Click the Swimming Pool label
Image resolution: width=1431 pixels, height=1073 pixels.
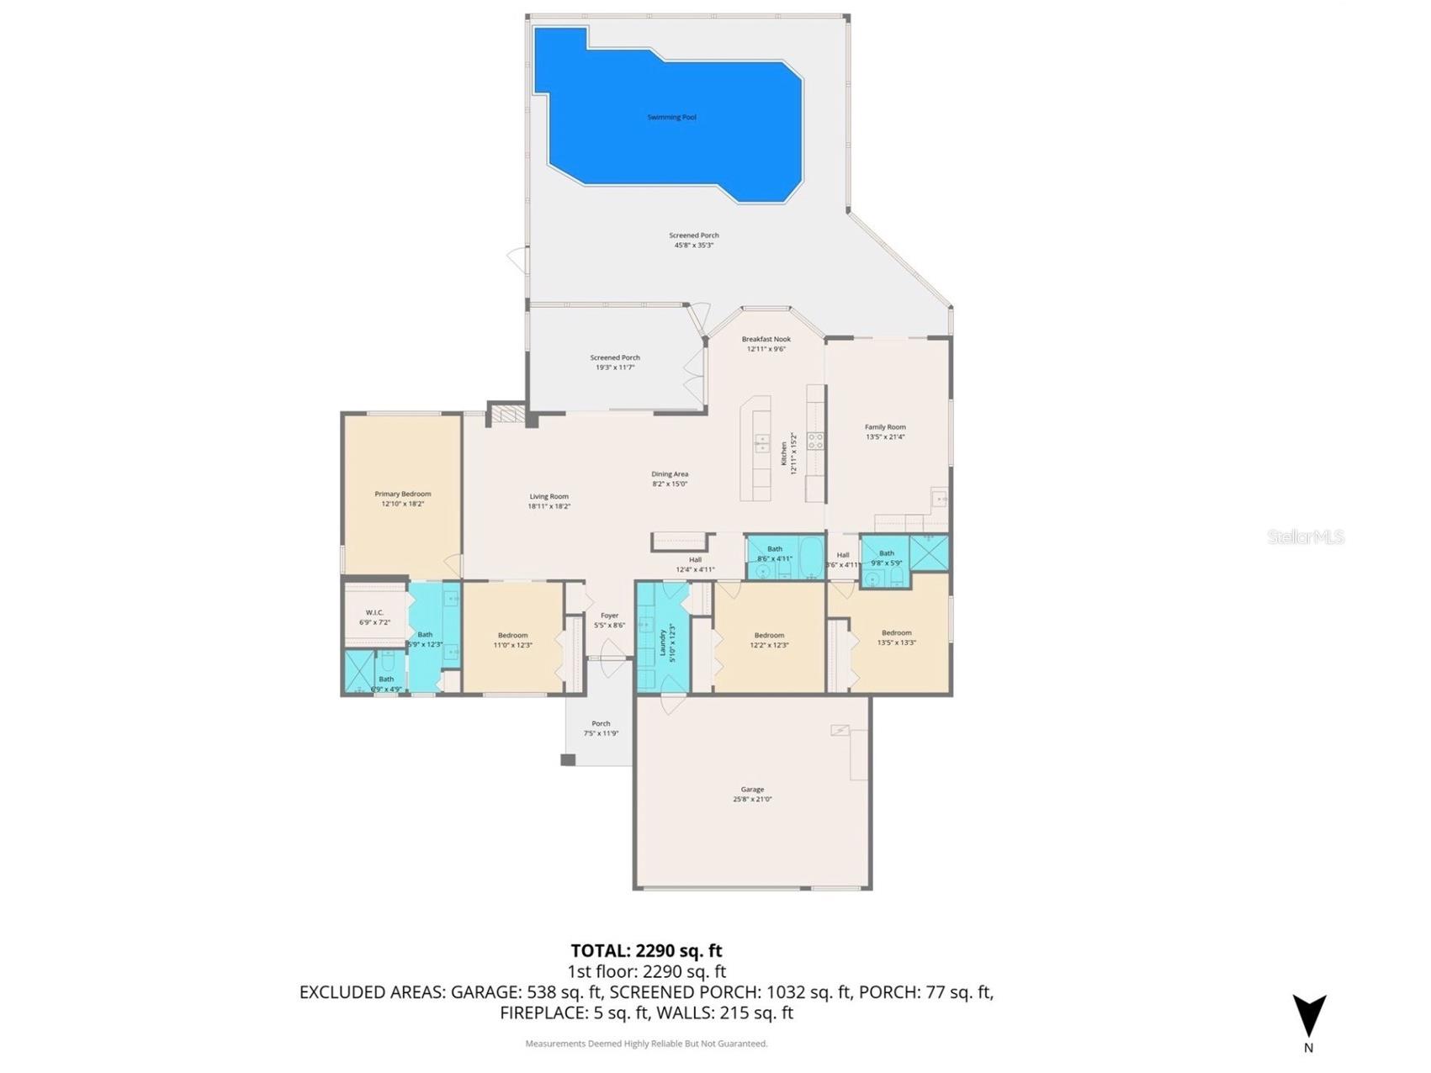click(x=671, y=118)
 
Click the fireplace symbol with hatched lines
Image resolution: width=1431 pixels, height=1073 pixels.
click(x=507, y=415)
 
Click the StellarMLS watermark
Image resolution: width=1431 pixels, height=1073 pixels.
click(x=1305, y=536)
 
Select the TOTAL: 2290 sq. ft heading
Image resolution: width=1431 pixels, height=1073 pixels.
click(x=646, y=950)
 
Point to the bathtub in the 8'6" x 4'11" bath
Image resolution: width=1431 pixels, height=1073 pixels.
click(x=810, y=557)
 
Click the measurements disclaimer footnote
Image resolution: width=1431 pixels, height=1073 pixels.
click(x=646, y=1044)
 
